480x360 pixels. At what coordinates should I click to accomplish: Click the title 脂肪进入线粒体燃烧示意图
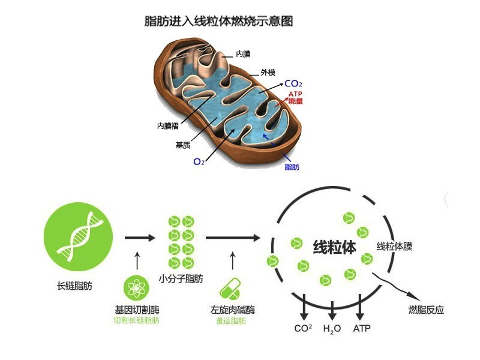[219, 21]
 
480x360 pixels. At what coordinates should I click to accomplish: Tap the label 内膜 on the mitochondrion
[244, 55]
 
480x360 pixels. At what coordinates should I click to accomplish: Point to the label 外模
[268, 73]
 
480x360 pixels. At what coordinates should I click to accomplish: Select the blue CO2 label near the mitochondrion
[293, 84]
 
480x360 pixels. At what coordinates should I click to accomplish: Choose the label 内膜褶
[168, 126]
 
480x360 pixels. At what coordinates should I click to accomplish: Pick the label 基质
[184, 145]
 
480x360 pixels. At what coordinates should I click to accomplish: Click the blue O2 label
[199, 161]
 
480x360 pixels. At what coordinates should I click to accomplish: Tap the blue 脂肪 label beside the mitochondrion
[292, 167]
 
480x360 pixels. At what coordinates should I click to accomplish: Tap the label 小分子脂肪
[181, 279]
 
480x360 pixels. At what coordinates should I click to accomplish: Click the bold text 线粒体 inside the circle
[334, 247]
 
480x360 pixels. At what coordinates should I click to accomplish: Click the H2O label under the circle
[332, 329]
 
